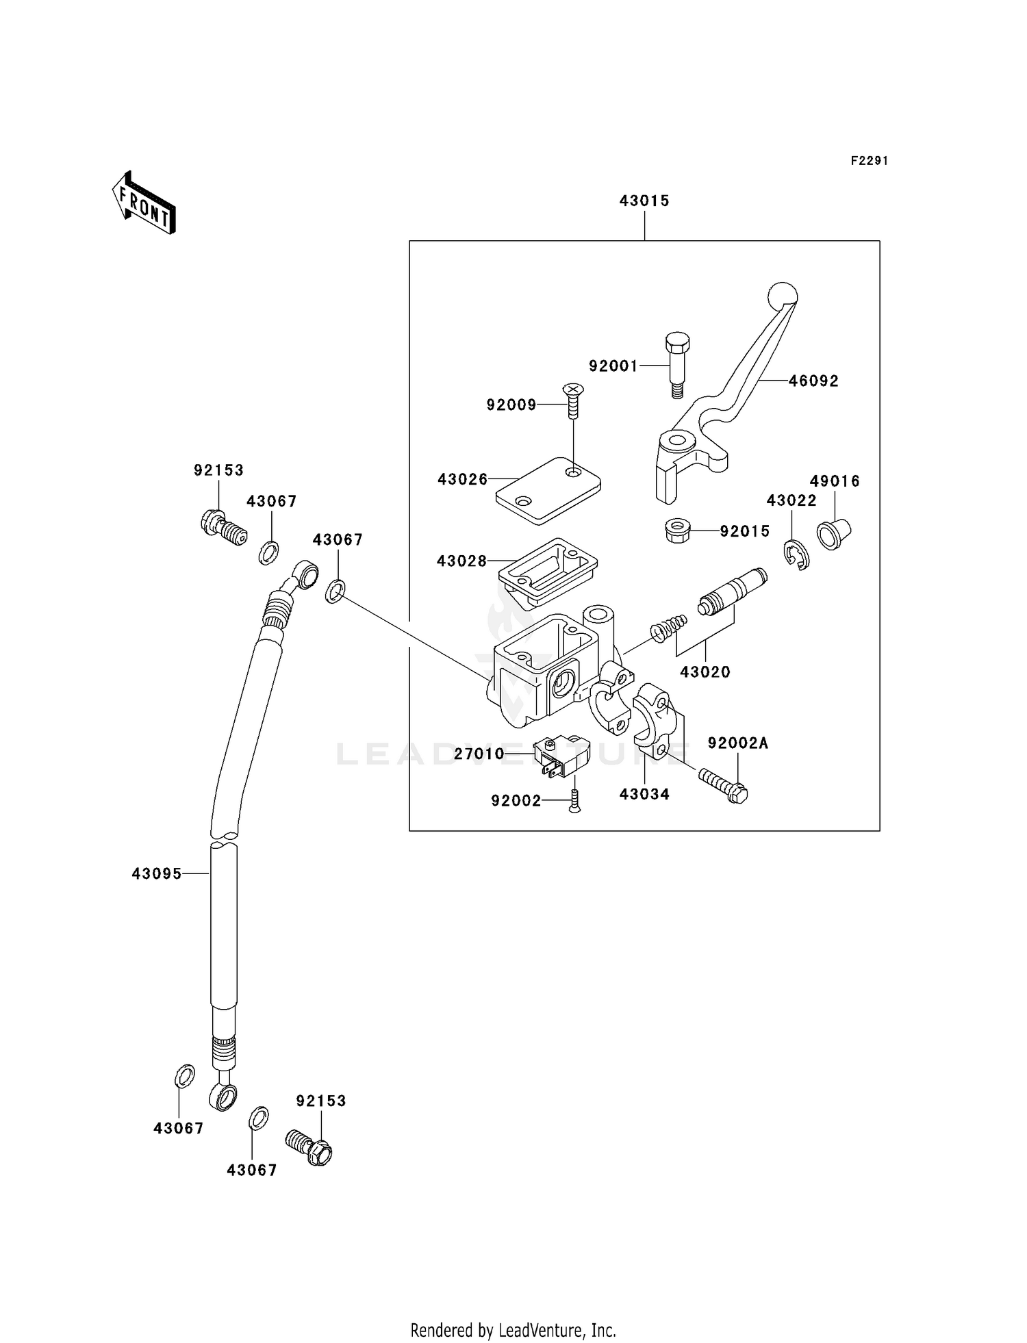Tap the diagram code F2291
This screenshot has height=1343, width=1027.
click(869, 161)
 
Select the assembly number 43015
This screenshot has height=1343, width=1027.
click(644, 201)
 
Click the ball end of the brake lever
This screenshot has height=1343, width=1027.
click(783, 296)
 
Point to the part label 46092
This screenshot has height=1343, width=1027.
click(813, 381)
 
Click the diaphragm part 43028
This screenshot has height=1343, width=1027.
click(548, 572)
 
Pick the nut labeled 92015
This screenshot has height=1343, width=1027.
click(677, 530)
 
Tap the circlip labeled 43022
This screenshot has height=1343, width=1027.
click(797, 555)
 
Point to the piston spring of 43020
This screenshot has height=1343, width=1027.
click(669, 628)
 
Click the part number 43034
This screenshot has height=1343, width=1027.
click(644, 794)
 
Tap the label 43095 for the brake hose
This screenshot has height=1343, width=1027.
click(157, 873)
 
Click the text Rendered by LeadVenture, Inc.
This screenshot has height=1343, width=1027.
click(513, 1330)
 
